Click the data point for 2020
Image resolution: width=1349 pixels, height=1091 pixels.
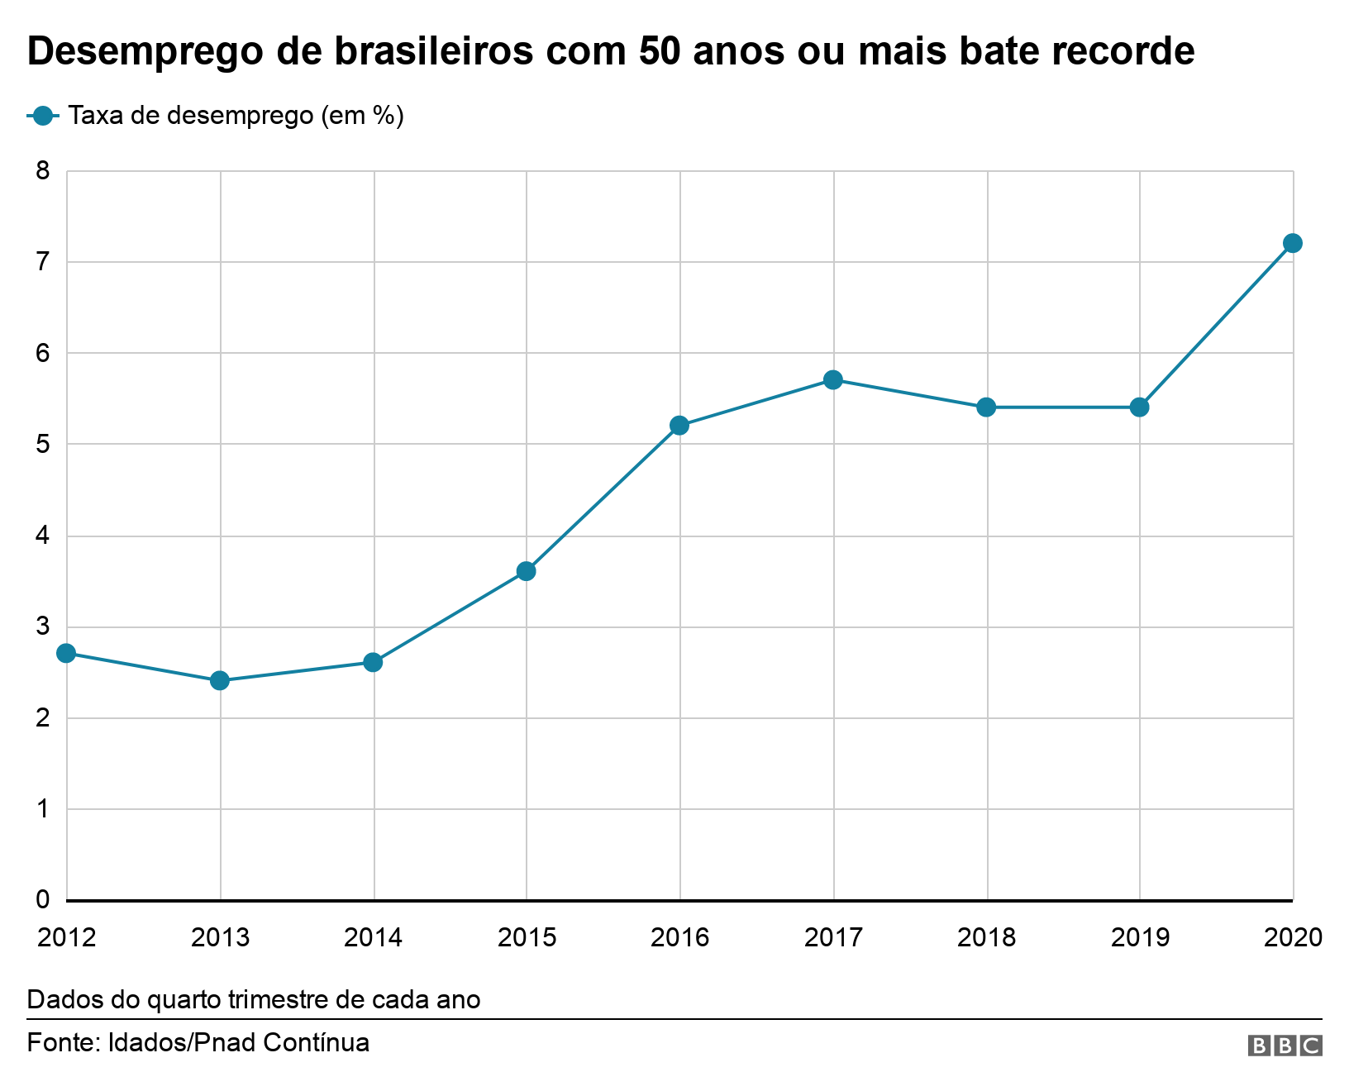click(1293, 243)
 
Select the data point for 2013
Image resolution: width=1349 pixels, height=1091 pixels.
click(220, 680)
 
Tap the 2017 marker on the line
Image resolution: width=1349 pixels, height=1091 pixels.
click(833, 379)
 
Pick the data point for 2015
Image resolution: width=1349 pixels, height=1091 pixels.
click(527, 571)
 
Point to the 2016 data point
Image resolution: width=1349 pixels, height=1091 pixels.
click(679, 426)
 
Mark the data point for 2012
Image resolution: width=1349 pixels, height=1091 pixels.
click(67, 653)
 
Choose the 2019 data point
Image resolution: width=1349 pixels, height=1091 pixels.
click(1140, 407)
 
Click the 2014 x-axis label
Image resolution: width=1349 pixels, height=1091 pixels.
click(373, 937)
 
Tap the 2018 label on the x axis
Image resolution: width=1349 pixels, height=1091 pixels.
click(986, 937)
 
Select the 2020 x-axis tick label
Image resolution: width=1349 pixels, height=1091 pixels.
click(1294, 937)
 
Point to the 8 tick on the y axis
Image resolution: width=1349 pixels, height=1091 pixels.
click(43, 171)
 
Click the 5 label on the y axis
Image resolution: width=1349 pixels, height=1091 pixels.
click(43, 445)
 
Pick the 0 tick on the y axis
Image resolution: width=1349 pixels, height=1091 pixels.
click(43, 899)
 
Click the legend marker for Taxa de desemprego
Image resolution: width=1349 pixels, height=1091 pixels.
click(43, 116)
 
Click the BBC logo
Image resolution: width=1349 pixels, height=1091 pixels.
click(1285, 1046)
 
